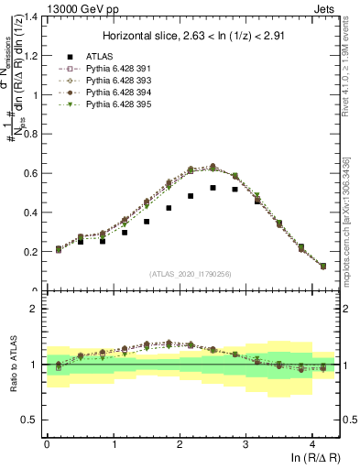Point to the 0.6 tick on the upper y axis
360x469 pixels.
pos(30,173)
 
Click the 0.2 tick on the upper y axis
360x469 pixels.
pos(30,252)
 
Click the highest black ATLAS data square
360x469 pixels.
pos(213,188)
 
